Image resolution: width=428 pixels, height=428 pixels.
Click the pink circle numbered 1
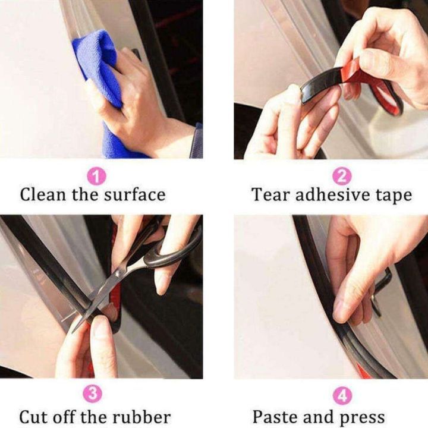[x=96, y=177]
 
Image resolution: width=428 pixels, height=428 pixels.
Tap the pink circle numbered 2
[x=342, y=177]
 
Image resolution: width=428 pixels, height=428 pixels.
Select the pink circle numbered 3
[x=93, y=394]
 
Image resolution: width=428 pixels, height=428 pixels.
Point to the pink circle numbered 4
[x=342, y=395]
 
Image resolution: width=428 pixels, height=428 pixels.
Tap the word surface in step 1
[x=136, y=195]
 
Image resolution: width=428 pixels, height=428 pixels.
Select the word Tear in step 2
[x=270, y=195]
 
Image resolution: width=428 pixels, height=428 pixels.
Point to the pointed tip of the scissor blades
[x=73, y=332]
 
